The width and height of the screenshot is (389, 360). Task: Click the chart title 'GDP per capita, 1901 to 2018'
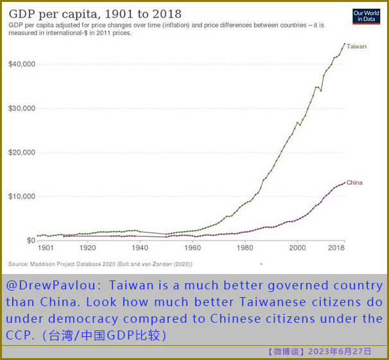pyautogui.click(x=95, y=13)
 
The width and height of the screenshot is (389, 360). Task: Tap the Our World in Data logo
pyautogui.click(x=366, y=17)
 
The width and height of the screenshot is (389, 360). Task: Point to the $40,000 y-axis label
pyautogui.click(x=22, y=64)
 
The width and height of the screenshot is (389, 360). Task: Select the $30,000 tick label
pyautogui.click(x=22, y=108)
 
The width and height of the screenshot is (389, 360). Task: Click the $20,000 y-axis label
pyautogui.click(x=22, y=152)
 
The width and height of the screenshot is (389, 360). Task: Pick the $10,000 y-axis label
pyautogui.click(x=22, y=196)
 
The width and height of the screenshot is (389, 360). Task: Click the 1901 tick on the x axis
pyautogui.click(x=45, y=248)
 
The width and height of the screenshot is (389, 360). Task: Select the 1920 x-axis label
pyautogui.click(x=87, y=248)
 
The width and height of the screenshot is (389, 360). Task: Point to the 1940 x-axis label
pyautogui.click(x=140, y=248)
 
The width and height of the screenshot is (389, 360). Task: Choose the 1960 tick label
pyautogui.click(x=192, y=248)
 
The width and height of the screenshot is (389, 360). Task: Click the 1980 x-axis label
pyautogui.click(x=244, y=248)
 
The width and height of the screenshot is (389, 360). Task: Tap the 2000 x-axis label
pyautogui.click(x=297, y=248)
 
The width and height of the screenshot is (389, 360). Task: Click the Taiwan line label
pyautogui.click(x=356, y=47)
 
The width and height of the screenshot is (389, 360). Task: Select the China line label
pyautogui.click(x=354, y=183)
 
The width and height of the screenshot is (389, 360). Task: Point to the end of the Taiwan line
pyautogui.click(x=345, y=44)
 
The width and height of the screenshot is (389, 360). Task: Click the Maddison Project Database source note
pyautogui.click(x=101, y=264)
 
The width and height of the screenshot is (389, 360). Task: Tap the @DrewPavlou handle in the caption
pyautogui.click(x=42, y=285)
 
